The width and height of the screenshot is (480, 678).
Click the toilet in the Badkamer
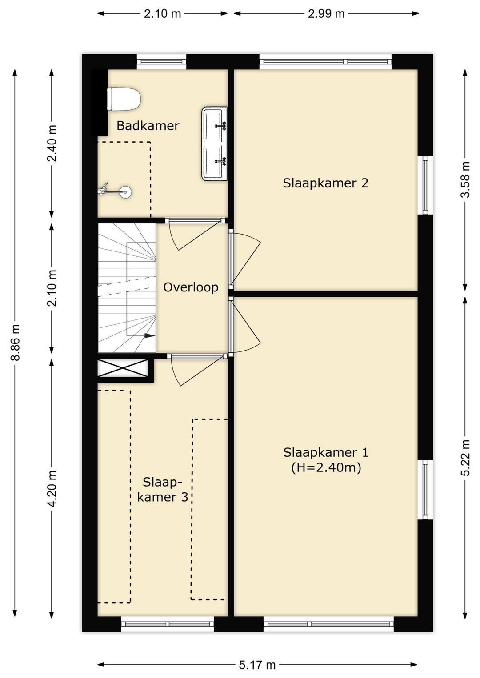click(124, 99)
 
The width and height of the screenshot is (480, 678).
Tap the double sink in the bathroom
click(215, 144)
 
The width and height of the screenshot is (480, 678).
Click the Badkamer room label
click(148, 126)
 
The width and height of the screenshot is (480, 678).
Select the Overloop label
click(191, 287)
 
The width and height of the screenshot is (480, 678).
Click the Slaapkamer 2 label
click(325, 183)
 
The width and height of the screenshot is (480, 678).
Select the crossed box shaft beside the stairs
click(123, 368)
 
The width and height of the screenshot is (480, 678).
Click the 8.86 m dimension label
click(15, 342)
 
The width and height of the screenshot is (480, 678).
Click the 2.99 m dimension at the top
click(326, 14)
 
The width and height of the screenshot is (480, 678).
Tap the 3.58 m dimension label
click(465, 179)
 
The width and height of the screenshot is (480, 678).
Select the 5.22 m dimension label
click(465, 458)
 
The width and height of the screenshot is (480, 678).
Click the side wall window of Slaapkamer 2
click(425, 185)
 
